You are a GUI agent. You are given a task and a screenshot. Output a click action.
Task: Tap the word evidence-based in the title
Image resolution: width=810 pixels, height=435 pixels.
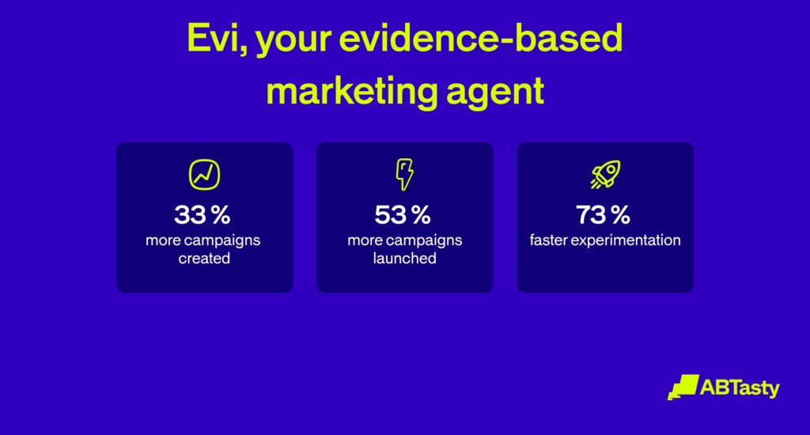pyautogui.click(x=480, y=38)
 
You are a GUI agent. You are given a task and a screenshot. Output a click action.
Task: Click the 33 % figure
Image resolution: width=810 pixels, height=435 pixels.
pyautogui.click(x=202, y=214)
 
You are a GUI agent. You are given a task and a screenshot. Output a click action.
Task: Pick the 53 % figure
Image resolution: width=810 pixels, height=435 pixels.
pyautogui.click(x=403, y=214)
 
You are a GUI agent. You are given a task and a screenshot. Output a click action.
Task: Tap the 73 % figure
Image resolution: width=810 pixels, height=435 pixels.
pyautogui.click(x=603, y=214)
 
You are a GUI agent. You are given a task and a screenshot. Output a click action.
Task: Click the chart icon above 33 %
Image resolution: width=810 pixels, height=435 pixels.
pyautogui.click(x=205, y=175)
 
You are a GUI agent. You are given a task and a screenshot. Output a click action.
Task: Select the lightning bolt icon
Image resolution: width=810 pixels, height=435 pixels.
pyautogui.click(x=404, y=174)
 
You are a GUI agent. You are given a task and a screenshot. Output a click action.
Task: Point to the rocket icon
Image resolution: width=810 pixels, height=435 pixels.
pyautogui.click(x=605, y=175)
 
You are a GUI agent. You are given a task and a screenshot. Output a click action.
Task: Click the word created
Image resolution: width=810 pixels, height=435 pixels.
pyautogui.click(x=204, y=259)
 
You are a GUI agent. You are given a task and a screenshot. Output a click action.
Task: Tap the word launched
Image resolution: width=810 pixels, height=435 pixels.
pyautogui.click(x=404, y=259)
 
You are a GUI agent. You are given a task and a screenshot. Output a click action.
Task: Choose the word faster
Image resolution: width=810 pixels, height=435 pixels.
pyautogui.click(x=548, y=240)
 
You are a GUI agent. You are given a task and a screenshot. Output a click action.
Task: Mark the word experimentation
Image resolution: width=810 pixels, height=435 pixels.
pyautogui.click(x=626, y=240)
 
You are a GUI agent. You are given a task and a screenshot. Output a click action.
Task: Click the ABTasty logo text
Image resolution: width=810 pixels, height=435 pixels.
pyautogui.click(x=740, y=388)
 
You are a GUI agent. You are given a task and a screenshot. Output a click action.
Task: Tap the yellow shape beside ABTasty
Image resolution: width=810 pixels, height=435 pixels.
pyautogui.click(x=683, y=388)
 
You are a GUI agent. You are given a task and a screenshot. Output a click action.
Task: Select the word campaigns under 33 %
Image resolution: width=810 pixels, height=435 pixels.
pyautogui.click(x=222, y=241)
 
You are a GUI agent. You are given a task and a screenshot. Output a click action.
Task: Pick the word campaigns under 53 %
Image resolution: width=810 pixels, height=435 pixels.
pyautogui.click(x=424, y=241)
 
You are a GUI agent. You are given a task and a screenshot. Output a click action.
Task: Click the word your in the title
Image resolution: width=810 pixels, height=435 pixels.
pyautogui.click(x=293, y=41)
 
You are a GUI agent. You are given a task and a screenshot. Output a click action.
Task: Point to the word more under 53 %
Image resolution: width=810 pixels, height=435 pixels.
pyautogui.click(x=365, y=240)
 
